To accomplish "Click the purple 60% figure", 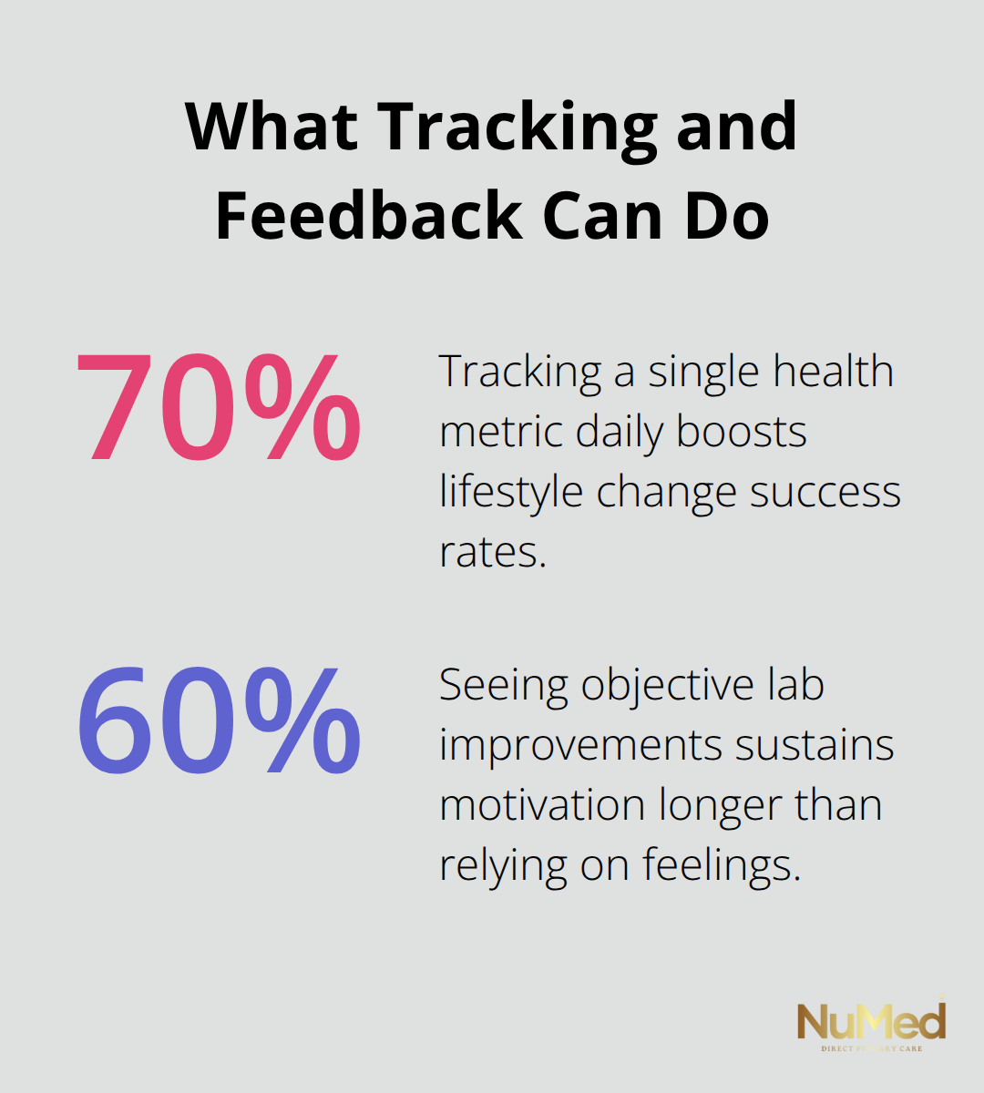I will point(219,720).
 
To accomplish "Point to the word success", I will point(825,492).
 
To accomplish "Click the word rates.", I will point(492,552).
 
